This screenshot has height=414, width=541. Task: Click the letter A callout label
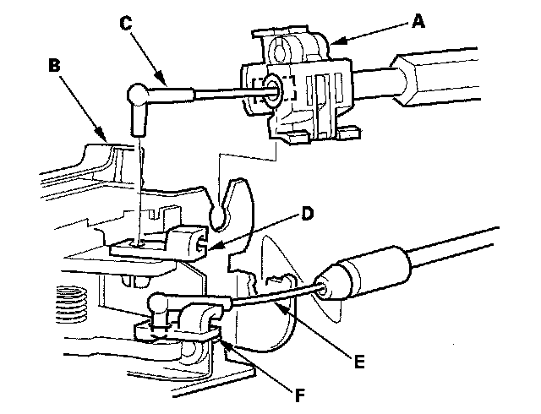418,23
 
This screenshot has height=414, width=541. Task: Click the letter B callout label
55,65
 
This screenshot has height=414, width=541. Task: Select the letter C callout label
126,23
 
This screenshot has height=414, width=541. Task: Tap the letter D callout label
307,214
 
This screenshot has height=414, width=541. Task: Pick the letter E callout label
359,362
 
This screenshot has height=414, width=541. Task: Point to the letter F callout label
300,395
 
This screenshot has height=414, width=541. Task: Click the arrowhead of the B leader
101,135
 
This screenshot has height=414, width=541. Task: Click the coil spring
72,305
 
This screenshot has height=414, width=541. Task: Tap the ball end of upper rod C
137,95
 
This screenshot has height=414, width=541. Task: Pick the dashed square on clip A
274,90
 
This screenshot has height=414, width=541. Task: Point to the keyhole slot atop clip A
280,47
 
